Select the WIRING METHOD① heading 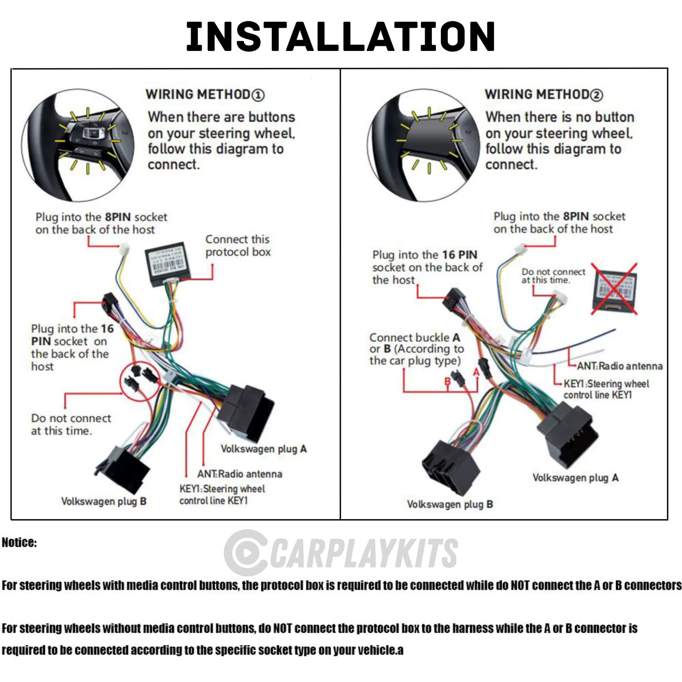204,94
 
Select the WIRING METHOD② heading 543,94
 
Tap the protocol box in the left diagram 165,264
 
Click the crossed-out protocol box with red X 614,289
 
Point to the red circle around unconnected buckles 141,380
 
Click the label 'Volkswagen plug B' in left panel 103,501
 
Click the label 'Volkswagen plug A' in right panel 575,478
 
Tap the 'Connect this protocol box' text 237,245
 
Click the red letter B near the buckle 447,382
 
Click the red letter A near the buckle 476,372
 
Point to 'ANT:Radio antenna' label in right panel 619,366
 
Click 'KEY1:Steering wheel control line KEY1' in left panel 221,495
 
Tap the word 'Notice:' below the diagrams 19,542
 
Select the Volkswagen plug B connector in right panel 450,467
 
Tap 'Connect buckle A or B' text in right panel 415,349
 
